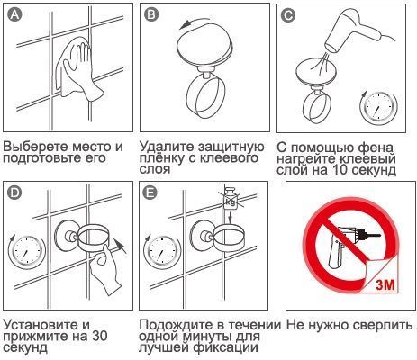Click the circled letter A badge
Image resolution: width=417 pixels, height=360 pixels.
[14, 14]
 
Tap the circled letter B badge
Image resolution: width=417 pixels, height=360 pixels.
[151, 14]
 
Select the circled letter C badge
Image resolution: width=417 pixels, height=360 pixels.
[288, 14]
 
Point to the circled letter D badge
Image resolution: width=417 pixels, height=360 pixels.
[14, 193]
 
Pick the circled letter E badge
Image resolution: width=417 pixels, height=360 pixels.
[150, 193]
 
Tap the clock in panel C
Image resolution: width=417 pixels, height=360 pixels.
[379, 108]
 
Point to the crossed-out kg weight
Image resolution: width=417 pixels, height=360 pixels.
[231, 199]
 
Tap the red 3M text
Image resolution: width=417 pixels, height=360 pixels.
[385, 284]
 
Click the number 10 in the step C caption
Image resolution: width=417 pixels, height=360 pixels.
[340, 170]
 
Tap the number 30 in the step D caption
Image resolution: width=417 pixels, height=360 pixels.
[99, 336]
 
